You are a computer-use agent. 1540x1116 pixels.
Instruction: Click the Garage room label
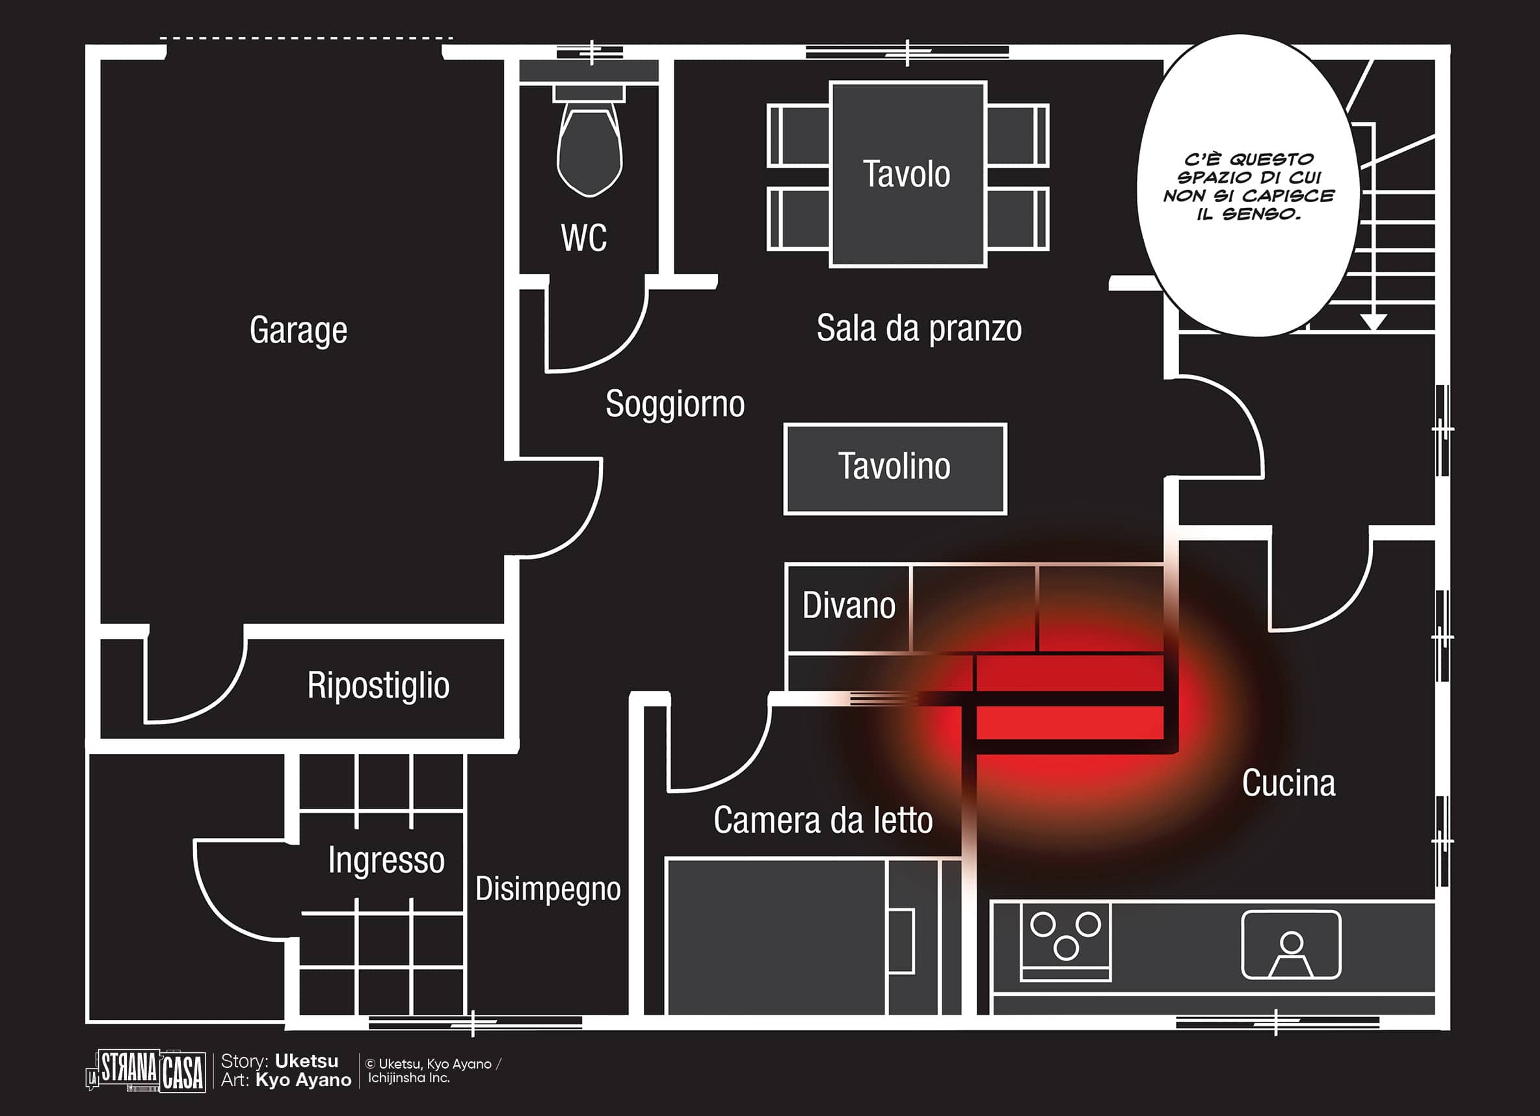click(298, 330)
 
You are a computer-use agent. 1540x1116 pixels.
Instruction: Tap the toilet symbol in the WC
click(589, 147)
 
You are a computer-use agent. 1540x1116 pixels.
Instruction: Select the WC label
click(583, 238)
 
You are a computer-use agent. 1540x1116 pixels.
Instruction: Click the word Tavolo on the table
click(907, 174)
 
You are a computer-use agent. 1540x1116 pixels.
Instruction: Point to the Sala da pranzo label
click(919, 328)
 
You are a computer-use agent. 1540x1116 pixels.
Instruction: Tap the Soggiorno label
click(675, 404)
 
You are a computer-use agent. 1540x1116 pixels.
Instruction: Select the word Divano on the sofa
click(849, 605)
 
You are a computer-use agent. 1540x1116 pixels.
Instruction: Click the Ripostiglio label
click(378, 685)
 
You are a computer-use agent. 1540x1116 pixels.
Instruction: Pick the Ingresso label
click(386, 860)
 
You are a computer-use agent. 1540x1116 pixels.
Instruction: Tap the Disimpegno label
click(548, 889)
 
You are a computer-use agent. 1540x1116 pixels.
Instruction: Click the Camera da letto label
click(823, 820)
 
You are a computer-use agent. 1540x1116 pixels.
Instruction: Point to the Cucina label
click(1289, 783)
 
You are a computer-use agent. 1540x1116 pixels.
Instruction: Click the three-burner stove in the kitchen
click(1065, 940)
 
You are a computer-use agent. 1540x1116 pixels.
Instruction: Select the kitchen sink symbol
click(1291, 944)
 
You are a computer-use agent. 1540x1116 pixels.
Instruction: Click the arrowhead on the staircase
click(1373, 321)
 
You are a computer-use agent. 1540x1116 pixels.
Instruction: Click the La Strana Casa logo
click(146, 1071)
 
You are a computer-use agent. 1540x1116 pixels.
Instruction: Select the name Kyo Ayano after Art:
click(304, 1080)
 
